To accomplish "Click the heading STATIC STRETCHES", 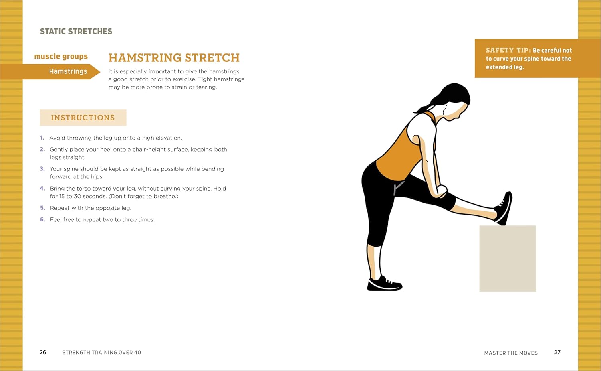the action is tap(76, 31).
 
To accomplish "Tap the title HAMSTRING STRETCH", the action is tap(174, 58).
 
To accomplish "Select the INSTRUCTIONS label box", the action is tap(83, 118).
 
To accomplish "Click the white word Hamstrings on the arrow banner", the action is tap(68, 71).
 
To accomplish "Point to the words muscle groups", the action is tap(61, 57).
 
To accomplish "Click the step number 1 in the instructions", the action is tap(42, 138).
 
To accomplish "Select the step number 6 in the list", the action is tap(42, 219).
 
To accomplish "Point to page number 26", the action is tap(43, 352).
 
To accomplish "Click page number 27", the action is tap(557, 352).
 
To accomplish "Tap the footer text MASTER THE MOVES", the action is tap(511, 353).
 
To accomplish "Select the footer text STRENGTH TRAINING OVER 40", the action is tap(102, 352).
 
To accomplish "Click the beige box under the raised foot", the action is tap(508, 258).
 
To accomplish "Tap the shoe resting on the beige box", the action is tap(504, 208).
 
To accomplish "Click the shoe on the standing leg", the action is tap(384, 284).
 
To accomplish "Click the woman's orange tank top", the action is tap(402, 154).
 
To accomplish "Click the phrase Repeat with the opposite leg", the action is tap(91, 208).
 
